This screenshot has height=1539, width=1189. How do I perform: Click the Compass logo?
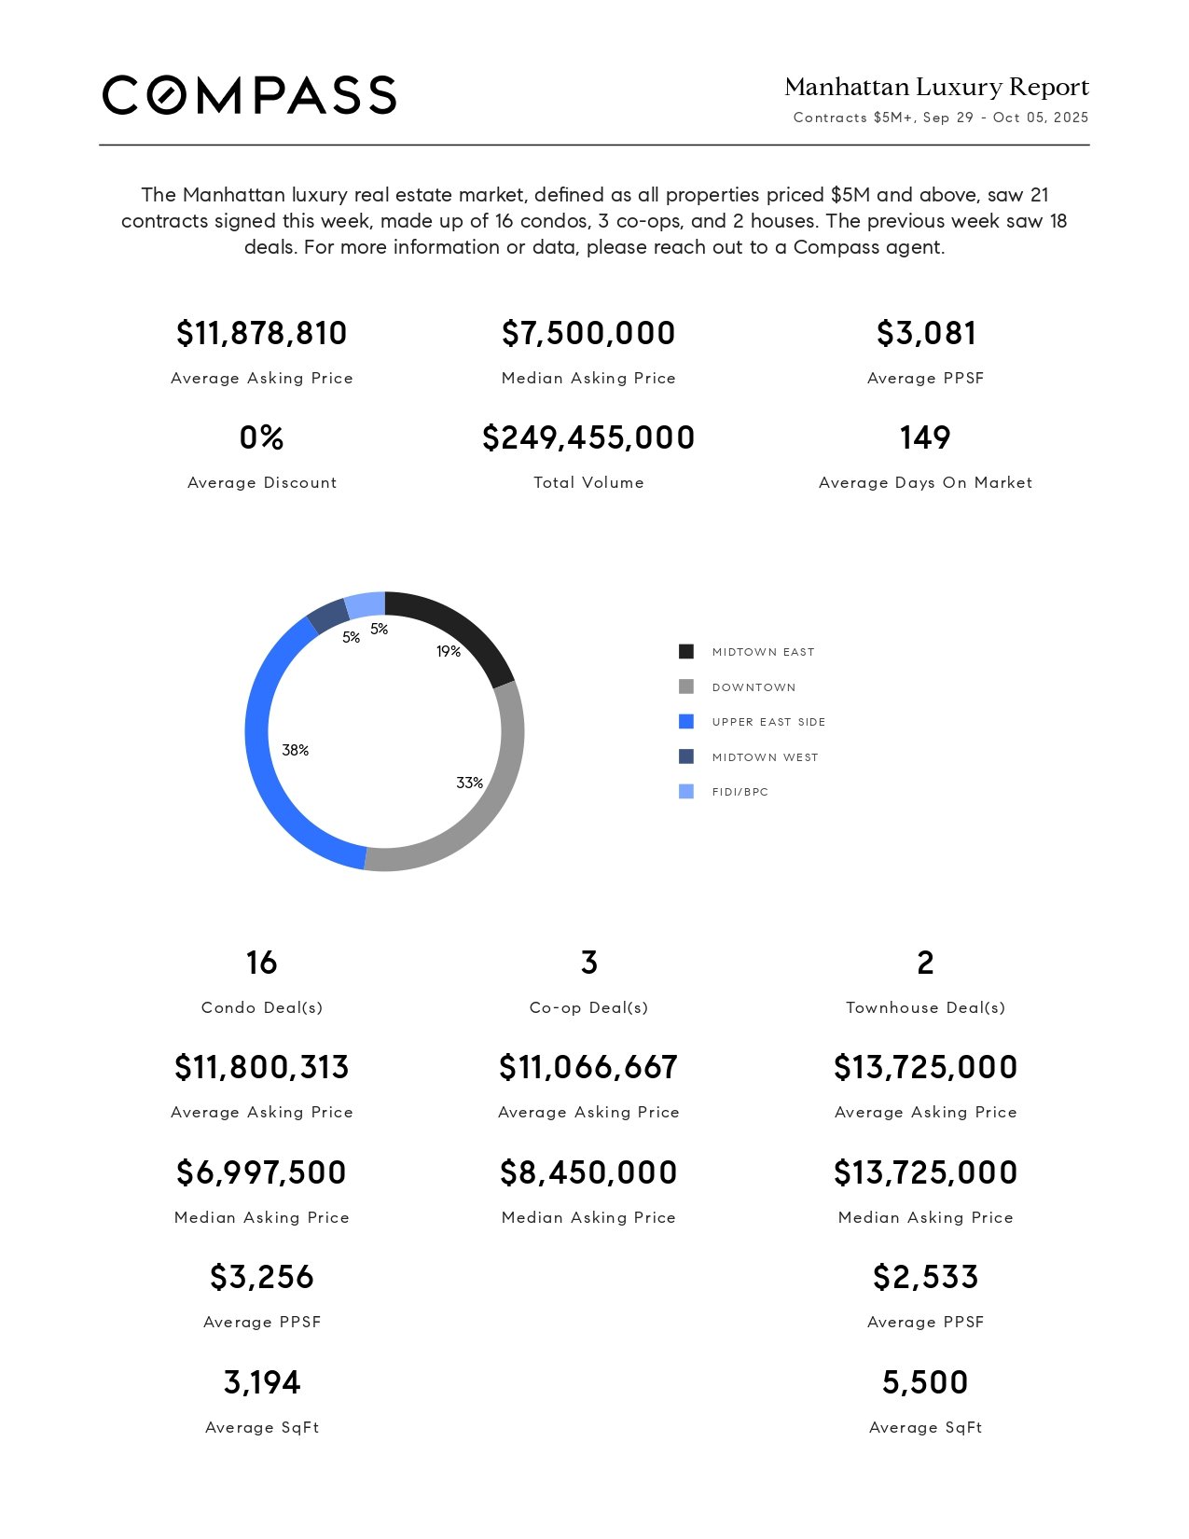point(249,95)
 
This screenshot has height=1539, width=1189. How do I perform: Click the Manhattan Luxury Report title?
point(936,87)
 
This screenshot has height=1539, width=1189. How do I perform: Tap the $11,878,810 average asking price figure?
point(261,333)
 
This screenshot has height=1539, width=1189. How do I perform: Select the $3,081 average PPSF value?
point(926,333)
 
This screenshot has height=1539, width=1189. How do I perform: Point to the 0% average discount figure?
point(261,437)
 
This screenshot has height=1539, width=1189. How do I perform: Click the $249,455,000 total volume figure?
point(588,437)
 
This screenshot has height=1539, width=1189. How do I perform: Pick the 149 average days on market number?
point(925,437)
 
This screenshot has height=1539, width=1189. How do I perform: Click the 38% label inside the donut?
point(296,750)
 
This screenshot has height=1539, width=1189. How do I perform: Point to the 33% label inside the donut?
point(469,783)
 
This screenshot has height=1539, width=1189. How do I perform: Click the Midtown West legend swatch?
point(686,756)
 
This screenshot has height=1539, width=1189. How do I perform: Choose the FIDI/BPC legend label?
point(740,792)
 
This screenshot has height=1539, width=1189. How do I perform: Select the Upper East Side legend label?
point(768,722)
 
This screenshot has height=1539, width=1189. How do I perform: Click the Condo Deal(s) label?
point(262,1007)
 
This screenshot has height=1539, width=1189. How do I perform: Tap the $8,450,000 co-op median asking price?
point(588,1172)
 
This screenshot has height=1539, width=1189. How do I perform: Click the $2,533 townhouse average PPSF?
point(926,1277)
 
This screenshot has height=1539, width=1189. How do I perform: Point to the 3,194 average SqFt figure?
point(262,1381)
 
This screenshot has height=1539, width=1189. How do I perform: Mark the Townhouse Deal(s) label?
point(926,1007)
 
